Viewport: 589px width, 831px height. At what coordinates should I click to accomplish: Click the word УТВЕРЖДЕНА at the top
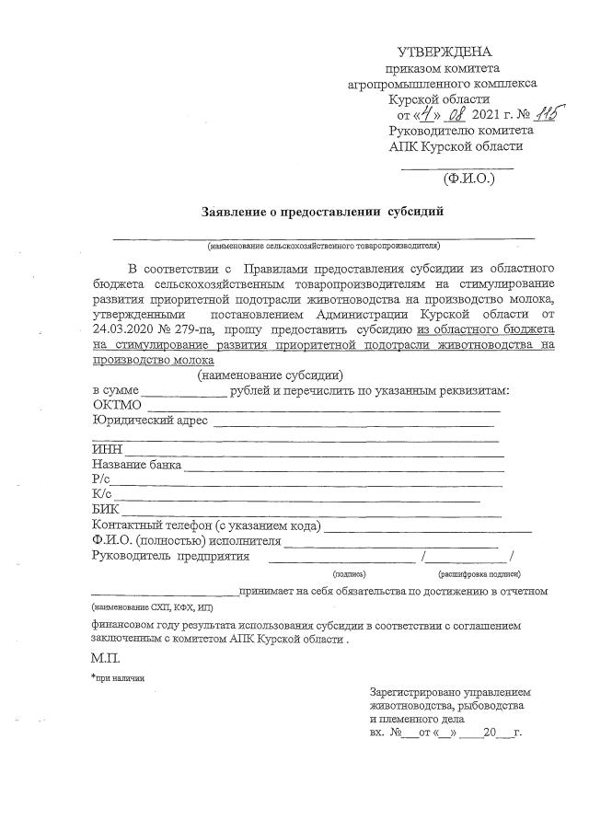[445, 52]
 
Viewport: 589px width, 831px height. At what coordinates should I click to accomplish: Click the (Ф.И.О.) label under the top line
[468, 179]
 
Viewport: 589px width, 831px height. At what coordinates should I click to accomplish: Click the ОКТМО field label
[117, 405]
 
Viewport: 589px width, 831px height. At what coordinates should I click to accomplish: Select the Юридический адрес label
[150, 421]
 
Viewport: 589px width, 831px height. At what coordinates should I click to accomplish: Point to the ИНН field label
[107, 450]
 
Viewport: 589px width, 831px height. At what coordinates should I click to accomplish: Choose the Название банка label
[136, 465]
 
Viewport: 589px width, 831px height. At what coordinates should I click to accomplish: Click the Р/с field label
[101, 479]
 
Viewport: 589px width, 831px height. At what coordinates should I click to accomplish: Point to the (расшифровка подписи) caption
[479, 572]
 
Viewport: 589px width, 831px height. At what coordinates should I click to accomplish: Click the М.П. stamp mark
[105, 659]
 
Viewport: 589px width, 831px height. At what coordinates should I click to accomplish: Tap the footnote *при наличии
[117, 677]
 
